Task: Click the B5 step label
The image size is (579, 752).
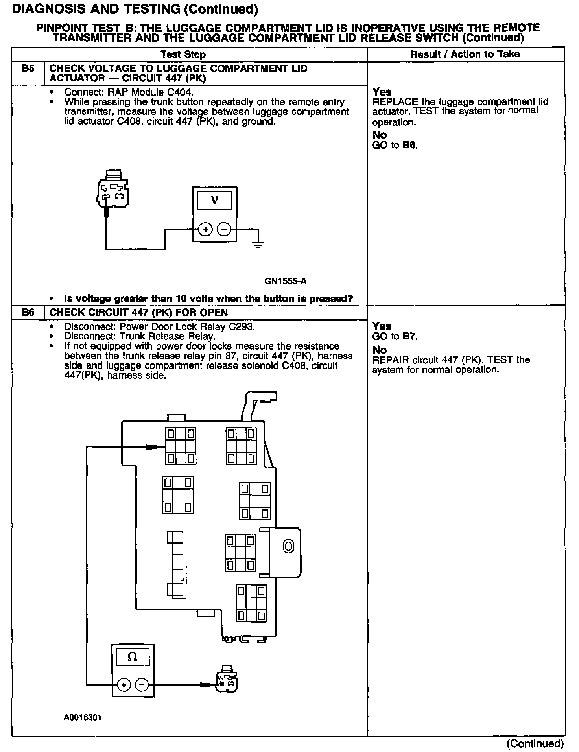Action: pos(28,68)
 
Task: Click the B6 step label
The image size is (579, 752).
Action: pos(28,313)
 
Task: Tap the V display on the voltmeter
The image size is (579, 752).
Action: pos(215,200)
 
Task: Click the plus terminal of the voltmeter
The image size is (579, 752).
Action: pos(205,229)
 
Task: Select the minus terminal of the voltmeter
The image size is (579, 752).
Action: pos(224,229)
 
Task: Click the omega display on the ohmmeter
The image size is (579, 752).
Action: pos(133,657)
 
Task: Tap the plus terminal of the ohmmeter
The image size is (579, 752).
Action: pos(124,685)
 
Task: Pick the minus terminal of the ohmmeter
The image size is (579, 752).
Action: pos(142,685)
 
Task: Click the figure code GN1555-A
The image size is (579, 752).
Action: pos(286,281)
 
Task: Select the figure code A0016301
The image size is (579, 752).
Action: pos(82,717)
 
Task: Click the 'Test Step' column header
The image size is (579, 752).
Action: pos(183,54)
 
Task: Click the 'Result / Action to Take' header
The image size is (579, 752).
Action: pos(465,54)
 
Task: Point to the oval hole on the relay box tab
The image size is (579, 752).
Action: pos(288,546)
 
